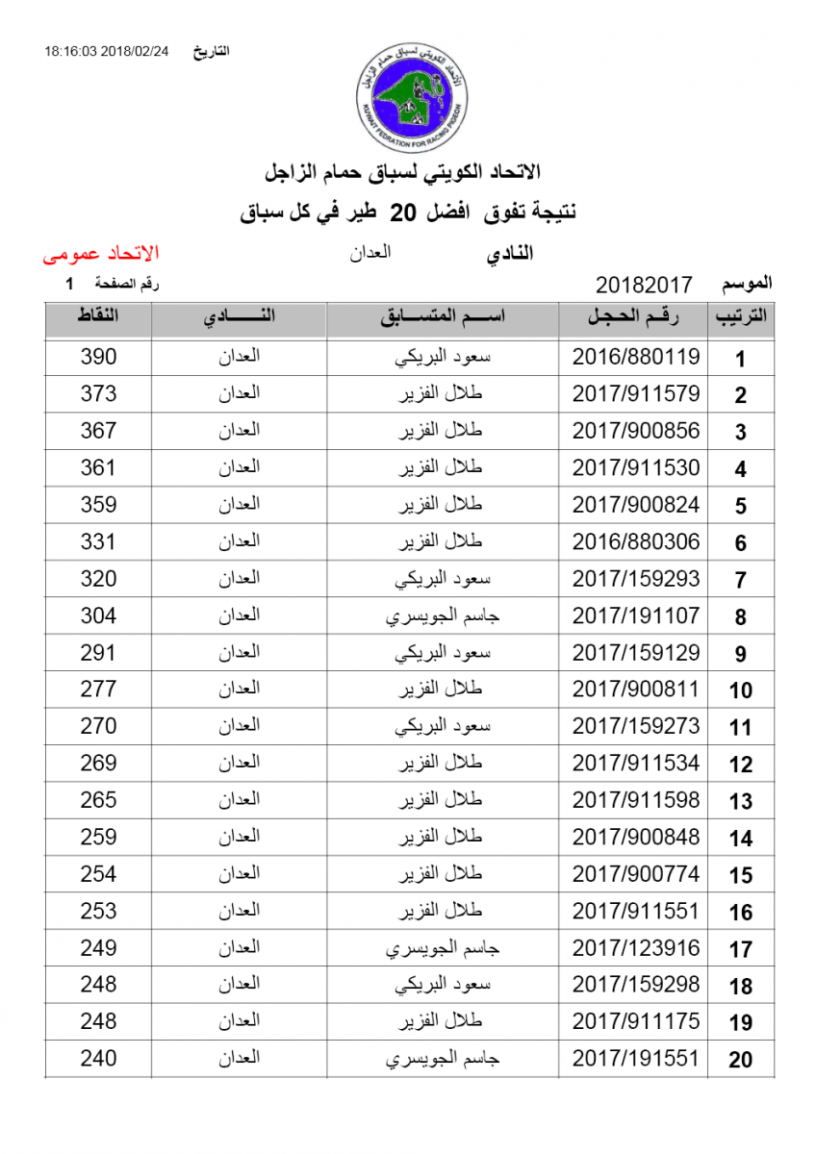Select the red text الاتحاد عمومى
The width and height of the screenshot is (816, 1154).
click(101, 254)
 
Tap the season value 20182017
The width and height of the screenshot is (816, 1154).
click(644, 285)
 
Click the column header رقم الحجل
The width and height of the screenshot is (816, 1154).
click(633, 318)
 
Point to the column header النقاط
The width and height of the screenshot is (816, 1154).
click(98, 318)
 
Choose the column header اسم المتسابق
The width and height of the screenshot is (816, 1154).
click(444, 318)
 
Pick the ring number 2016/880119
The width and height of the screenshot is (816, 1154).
click(636, 357)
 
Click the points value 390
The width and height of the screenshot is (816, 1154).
click(98, 357)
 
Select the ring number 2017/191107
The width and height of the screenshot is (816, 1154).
click(636, 615)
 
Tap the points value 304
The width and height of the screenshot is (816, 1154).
click(98, 615)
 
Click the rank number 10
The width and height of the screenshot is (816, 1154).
click(740, 690)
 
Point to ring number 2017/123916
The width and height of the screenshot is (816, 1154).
click(636, 948)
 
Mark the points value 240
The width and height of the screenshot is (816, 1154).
click(98, 1059)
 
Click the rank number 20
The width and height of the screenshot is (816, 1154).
click(740, 1061)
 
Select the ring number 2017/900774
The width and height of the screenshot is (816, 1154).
click(636, 874)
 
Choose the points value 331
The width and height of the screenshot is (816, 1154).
click(98, 541)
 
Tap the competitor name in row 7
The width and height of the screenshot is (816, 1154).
click(444, 579)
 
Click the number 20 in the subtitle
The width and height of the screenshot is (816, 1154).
click(407, 213)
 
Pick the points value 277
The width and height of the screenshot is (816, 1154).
click(98, 689)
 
